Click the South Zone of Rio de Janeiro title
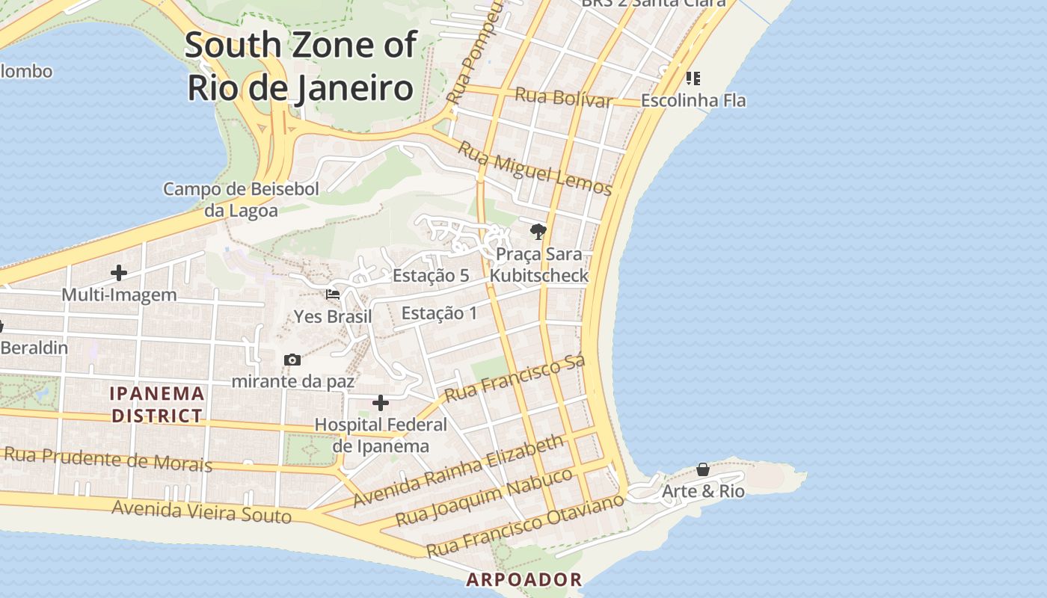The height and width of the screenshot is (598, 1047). tap(300, 67)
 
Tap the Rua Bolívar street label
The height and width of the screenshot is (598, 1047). tap(564, 97)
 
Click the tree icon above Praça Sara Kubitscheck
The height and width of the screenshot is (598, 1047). tap(538, 231)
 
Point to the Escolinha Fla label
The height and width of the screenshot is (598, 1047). tap(693, 100)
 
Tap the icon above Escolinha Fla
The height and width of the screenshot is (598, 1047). tap(693, 78)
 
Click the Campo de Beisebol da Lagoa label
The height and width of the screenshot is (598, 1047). tap(241, 200)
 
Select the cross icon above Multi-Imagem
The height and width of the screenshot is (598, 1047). tap(119, 273)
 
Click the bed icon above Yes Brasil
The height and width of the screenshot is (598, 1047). tap(333, 295)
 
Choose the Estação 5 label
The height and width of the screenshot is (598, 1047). tap(431, 275)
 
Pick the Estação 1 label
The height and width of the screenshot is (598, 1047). tap(439, 312)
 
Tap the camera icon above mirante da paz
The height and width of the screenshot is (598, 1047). tap(292, 360)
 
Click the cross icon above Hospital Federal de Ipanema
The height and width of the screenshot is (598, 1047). tap(381, 404)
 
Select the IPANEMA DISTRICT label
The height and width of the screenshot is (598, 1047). tap(157, 404)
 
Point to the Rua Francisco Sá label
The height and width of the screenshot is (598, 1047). tap(515, 379)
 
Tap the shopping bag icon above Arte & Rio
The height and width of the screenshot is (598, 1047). tap(703, 469)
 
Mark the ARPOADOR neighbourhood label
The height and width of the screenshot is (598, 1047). tap(523, 579)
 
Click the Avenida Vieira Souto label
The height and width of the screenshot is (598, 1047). tap(201, 511)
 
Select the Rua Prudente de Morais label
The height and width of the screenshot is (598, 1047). tap(108, 458)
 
